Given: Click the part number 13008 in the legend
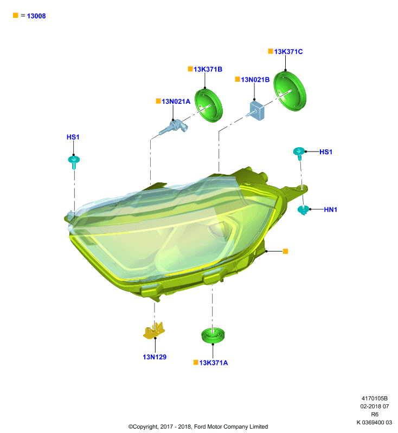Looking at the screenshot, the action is [36, 16].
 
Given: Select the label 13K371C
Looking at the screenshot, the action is [288, 51].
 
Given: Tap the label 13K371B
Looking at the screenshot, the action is [208, 69].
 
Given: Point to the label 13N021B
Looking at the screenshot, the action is [255, 80].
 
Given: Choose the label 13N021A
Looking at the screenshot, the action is [176, 102].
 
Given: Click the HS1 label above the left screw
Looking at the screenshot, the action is [73, 137].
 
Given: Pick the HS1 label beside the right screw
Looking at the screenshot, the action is [326, 152].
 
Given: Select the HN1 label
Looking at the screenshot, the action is [331, 209].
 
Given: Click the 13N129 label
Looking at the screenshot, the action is [155, 357].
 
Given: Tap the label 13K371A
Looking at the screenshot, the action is [214, 363].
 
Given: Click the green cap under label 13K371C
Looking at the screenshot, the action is [290, 91].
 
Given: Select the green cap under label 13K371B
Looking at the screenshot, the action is [209, 105].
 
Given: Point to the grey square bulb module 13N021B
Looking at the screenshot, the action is [256, 110].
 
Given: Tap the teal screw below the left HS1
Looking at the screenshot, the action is [74, 162].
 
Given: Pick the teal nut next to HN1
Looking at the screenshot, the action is [304, 210].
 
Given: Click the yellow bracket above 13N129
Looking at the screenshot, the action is [155, 331].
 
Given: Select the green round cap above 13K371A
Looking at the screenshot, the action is [213, 335].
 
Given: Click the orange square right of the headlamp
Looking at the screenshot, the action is [285, 251].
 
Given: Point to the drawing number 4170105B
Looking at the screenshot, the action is [375, 398].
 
